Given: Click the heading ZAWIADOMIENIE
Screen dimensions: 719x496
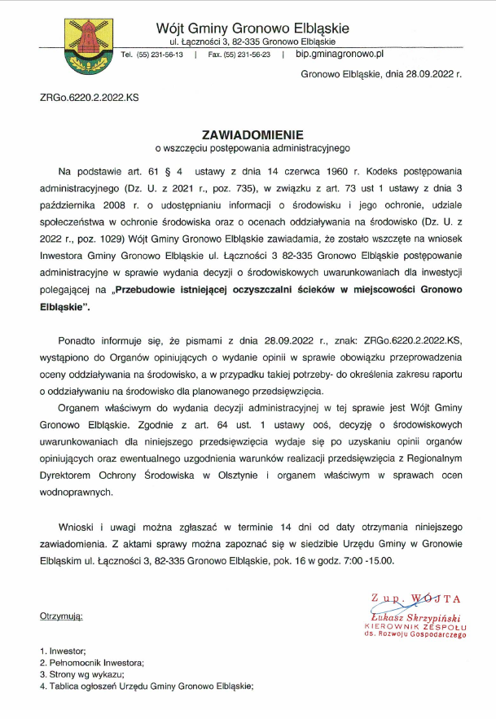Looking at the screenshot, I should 252,134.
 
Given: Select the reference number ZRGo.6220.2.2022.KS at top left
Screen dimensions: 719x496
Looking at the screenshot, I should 89,97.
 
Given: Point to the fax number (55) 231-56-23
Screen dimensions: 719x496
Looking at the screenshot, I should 239,55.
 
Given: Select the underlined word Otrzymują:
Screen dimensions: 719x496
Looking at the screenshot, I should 61,616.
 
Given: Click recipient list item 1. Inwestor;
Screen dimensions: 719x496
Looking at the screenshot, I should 63,651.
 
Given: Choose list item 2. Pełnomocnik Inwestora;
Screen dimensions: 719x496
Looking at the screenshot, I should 90,663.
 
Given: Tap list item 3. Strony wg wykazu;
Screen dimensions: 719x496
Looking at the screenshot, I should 81,674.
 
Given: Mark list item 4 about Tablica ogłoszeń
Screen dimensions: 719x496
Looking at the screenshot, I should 147,686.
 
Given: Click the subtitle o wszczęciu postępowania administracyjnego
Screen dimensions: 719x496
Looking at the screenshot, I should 252,148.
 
